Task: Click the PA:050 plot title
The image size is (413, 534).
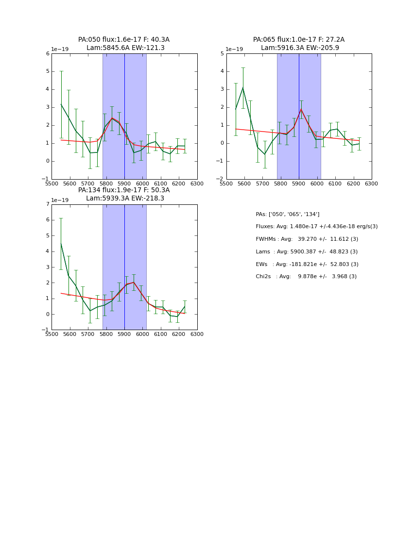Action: point(124,40)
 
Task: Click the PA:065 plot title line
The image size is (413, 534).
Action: point(298,40)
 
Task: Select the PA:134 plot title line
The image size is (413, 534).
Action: point(124,190)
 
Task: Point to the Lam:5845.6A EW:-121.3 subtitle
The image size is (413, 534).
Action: point(125,48)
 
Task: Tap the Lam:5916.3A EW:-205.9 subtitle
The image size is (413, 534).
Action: point(300,48)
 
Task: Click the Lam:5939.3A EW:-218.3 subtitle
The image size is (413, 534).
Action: point(125,199)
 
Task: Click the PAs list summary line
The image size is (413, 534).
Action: point(287,214)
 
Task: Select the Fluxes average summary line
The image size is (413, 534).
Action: point(316,227)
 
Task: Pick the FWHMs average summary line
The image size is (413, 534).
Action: point(307,239)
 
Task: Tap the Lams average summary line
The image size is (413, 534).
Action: point(307,252)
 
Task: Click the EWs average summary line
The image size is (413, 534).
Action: point(307,265)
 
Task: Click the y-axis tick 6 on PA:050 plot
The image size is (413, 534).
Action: point(48,54)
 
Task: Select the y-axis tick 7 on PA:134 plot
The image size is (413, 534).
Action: point(48,204)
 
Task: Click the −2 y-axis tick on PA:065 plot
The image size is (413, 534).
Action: point(221,179)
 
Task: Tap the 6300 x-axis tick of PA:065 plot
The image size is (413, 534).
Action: point(371,184)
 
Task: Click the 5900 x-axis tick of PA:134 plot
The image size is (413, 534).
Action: point(124,334)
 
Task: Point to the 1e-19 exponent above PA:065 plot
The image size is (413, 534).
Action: point(234,50)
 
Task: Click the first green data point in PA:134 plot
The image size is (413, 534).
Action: point(61,243)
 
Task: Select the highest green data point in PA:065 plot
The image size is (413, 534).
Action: point(243,88)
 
